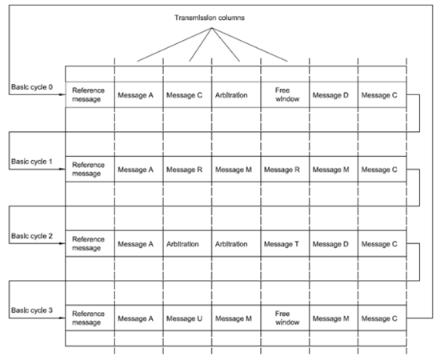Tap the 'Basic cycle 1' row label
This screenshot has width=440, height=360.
[33, 162]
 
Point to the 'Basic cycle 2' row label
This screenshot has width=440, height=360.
[33, 237]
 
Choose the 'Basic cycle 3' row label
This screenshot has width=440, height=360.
[33, 310]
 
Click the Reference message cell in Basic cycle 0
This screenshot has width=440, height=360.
[89, 96]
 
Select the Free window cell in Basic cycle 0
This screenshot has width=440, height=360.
[285, 96]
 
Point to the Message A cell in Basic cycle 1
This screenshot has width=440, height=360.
[138, 170]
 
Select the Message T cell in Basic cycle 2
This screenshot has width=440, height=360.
[285, 244]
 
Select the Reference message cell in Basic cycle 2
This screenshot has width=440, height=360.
[89, 244]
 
